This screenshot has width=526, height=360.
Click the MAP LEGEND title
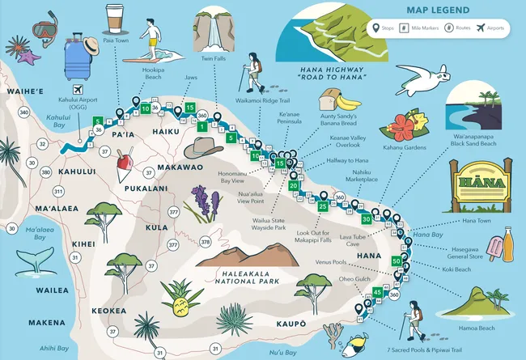click(439, 11)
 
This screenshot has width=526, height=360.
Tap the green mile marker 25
click(323, 206)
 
